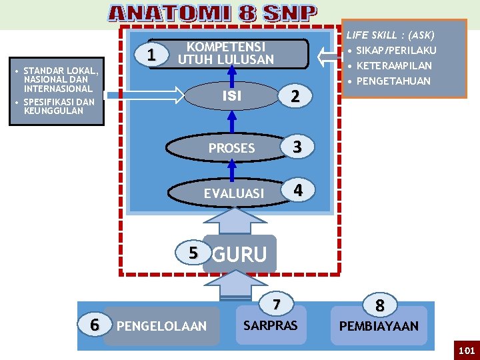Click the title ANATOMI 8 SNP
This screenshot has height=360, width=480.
(213, 13)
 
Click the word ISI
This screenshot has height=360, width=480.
(231, 96)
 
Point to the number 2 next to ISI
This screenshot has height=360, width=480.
(295, 97)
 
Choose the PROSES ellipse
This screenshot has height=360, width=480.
(231, 148)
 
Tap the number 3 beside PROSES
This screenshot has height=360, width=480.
(298, 147)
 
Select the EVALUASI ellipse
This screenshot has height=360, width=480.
(233, 193)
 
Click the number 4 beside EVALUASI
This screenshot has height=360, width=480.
(298, 190)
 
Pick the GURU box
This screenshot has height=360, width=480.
(239, 254)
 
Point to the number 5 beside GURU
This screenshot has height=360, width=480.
(193, 253)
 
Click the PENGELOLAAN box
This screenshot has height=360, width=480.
(161, 326)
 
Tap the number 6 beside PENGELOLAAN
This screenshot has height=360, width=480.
(95, 325)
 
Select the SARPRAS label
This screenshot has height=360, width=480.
(271, 326)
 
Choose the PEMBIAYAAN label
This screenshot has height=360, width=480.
(379, 327)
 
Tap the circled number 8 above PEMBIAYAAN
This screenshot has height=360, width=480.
(379, 305)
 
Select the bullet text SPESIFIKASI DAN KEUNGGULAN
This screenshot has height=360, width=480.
(59, 107)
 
